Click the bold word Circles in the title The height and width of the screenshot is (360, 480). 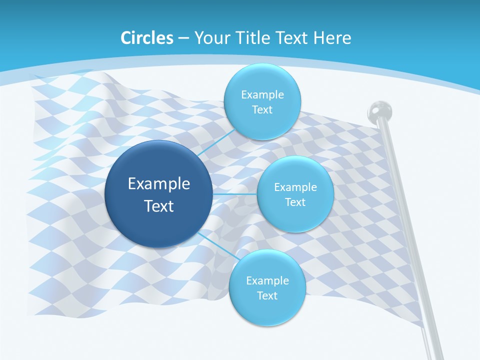tap(147, 38)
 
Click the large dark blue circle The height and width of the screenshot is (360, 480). tap(158, 220)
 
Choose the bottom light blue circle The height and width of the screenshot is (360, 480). tap(267, 310)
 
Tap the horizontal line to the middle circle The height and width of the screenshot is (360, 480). tap(234, 193)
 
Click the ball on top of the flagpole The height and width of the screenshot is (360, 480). tap(380, 110)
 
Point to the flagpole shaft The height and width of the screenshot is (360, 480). tap(405, 225)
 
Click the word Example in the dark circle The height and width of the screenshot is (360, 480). tap(159, 183)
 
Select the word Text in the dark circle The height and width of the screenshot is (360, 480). tap(159, 206)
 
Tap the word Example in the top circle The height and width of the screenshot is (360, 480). tap(262, 94)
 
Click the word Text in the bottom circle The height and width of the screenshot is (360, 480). tap(267, 295)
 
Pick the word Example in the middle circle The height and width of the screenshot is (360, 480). tap(295, 187)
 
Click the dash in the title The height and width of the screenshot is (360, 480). tap(183, 38)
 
